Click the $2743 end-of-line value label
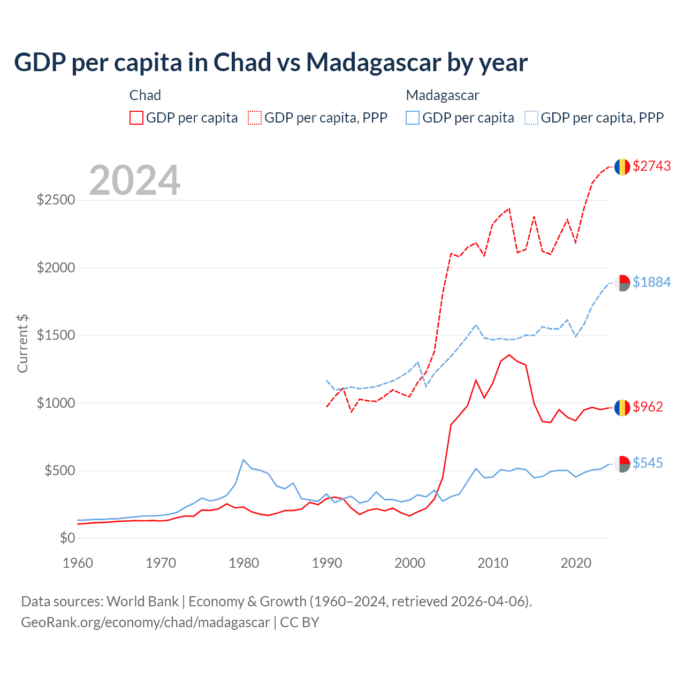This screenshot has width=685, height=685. tap(651, 166)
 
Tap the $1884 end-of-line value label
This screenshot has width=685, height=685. tap(651, 282)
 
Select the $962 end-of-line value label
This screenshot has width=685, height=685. tap(648, 407)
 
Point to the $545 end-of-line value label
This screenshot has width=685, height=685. tap(648, 463)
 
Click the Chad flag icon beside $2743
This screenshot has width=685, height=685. tap(622, 167)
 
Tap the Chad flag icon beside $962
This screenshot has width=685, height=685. tap(622, 408)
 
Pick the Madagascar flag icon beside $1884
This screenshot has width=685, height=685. tap(622, 283)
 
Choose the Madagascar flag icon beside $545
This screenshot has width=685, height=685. tap(622, 464)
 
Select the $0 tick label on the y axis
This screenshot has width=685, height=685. tap(67, 538)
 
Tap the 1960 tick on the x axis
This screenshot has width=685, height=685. tap(78, 563)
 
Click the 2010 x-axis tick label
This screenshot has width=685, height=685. tap(493, 563)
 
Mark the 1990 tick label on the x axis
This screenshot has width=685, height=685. tap(327, 563)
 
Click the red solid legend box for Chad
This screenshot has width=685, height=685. tap(136, 118)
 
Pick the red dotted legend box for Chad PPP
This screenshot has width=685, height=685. tap(255, 118)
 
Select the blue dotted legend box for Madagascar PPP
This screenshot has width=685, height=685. tap(531, 118)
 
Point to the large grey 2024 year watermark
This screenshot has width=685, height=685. tap(135, 180)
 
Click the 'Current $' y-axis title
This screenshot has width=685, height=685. tap(22, 344)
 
